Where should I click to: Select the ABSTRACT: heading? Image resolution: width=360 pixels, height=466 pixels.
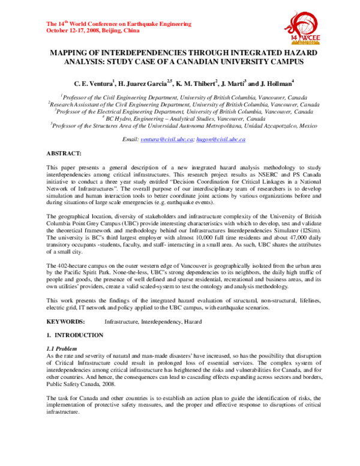[65, 154]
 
